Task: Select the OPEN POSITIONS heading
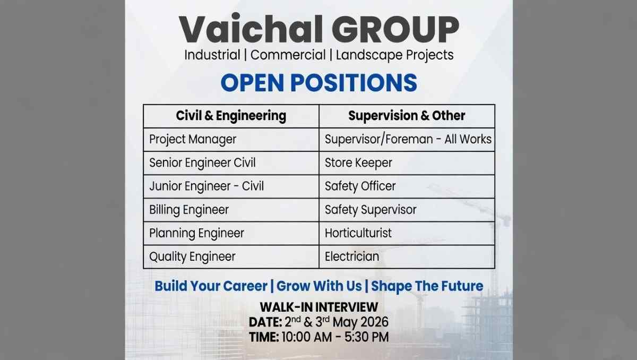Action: [x=318, y=83]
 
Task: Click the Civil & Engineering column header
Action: [x=231, y=116]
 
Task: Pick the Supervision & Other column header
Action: [x=407, y=116]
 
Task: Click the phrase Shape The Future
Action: [x=427, y=286]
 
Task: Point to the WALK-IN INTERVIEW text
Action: [x=318, y=307]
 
